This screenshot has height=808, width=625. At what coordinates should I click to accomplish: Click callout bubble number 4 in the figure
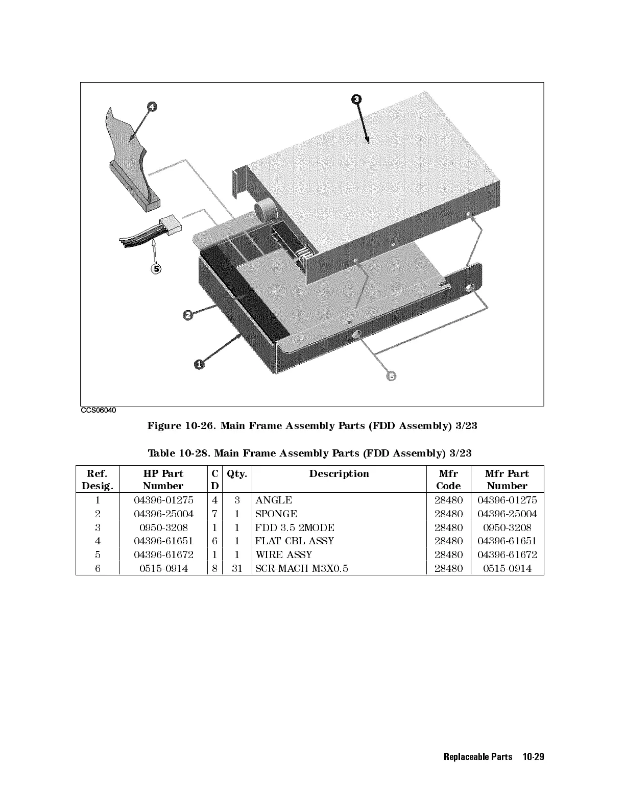pyautogui.click(x=152, y=107)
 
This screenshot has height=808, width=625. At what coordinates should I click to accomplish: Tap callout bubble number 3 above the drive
pyautogui.click(x=357, y=99)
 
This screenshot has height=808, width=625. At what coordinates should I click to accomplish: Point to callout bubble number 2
pyautogui.click(x=188, y=315)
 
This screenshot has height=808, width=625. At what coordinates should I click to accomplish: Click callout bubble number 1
pyautogui.click(x=199, y=363)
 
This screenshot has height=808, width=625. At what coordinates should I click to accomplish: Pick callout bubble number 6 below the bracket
pyautogui.click(x=391, y=376)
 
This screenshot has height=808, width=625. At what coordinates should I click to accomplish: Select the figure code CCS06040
pyautogui.click(x=99, y=410)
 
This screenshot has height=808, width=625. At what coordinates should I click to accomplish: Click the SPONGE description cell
pyautogui.click(x=276, y=514)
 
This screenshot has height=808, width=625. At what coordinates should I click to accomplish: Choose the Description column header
pyautogui.click(x=339, y=474)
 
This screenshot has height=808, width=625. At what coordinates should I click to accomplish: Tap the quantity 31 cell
pyautogui.click(x=237, y=568)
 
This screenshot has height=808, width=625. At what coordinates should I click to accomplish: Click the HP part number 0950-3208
pyautogui.click(x=163, y=527)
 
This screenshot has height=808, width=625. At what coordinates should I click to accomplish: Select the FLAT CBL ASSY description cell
pyautogui.click(x=295, y=541)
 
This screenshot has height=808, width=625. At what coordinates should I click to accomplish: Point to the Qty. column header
pyautogui.click(x=237, y=474)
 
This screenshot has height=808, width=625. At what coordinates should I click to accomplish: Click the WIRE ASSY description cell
pyautogui.click(x=284, y=554)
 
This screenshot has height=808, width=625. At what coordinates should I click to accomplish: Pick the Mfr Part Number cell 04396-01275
pyautogui.click(x=507, y=500)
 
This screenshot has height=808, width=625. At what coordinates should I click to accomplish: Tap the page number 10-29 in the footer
pyautogui.click(x=534, y=757)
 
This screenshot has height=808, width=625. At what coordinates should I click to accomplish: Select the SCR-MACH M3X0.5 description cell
pyautogui.click(x=302, y=568)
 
